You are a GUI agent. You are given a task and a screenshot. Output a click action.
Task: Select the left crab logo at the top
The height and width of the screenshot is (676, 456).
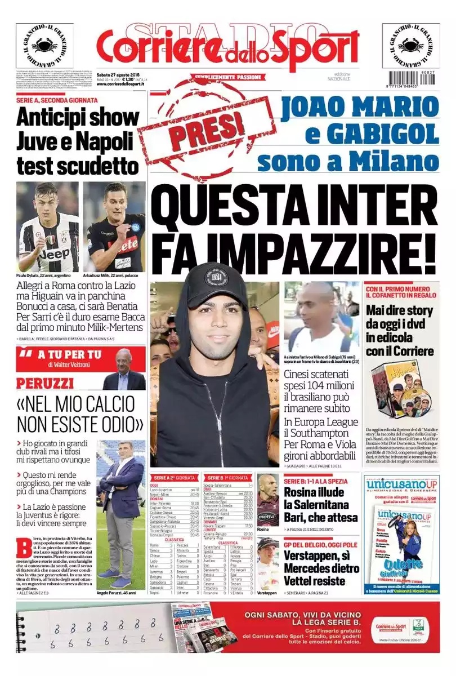click(44, 46)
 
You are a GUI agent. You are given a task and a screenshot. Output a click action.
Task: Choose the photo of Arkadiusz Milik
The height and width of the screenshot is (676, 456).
click(114, 226)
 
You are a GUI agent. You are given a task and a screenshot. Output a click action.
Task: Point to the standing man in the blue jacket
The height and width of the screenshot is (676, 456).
click(122, 513)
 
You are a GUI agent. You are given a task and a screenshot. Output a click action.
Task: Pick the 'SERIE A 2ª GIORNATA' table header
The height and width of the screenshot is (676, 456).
click(174, 477)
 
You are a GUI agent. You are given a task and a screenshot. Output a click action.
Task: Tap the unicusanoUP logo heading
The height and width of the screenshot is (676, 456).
click(400, 485)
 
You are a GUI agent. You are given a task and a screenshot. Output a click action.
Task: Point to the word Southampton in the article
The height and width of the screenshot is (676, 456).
click(321, 434)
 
